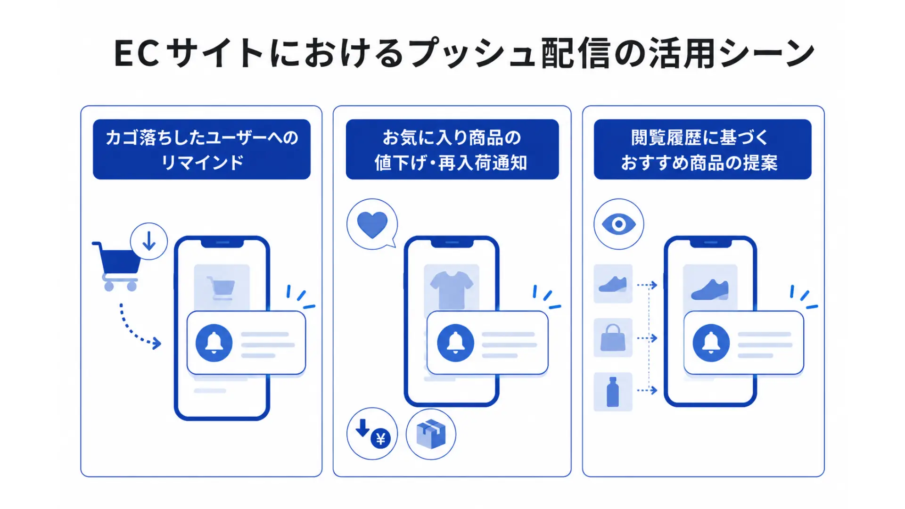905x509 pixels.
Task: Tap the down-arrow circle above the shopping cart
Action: click(149, 241)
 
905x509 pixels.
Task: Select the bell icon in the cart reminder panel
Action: click(214, 343)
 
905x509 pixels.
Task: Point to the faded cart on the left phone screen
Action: click(221, 287)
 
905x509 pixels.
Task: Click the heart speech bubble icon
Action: click(372, 224)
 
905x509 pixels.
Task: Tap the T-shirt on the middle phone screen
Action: click(452, 289)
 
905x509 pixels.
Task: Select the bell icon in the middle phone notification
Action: click(455, 343)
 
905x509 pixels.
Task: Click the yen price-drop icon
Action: click(372, 434)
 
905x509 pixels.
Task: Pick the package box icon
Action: click(431, 434)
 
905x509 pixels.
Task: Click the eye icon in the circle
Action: click(619, 224)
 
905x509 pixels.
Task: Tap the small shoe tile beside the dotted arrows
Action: click(613, 284)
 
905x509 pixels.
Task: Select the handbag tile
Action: click(613, 338)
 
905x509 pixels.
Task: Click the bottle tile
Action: click(613, 392)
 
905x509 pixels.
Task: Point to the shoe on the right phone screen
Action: click(710, 289)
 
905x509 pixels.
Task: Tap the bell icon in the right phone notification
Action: click(711, 343)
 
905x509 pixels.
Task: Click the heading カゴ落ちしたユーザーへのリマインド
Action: click(202, 149)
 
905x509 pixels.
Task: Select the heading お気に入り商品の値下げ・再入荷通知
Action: click(452, 149)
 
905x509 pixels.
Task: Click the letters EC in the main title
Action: click(137, 53)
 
